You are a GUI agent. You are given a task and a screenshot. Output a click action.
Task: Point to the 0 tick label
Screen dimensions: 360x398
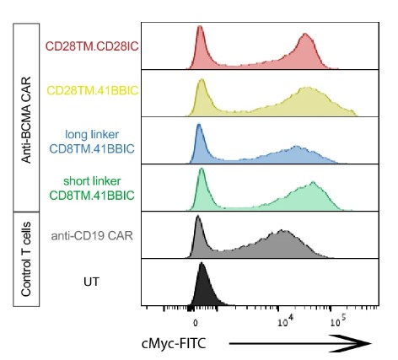[x=195, y=321]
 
